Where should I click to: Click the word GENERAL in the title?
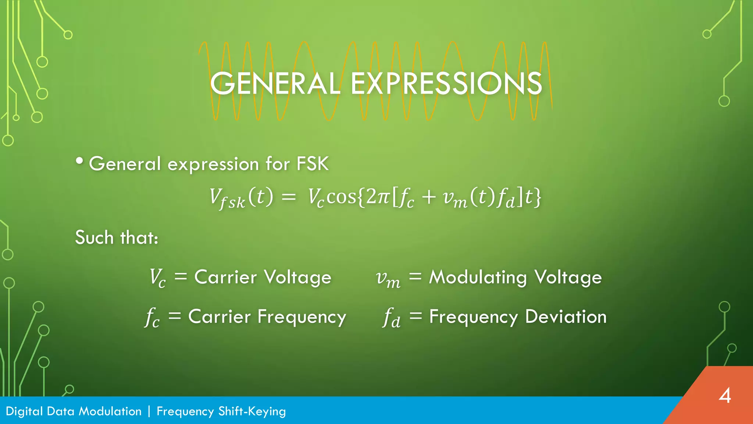pyautogui.click(x=275, y=84)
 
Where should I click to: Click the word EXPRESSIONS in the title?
pyautogui.click(x=446, y=84)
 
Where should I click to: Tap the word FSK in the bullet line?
pyautogui.click(x=313, y=164)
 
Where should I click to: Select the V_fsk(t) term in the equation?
pyautogui.click(x=241, y=198)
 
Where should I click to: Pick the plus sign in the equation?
pyautogui.click(x=429, y=197)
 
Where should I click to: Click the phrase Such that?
pyautogui.click(x=117, y=237)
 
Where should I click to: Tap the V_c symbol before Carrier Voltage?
pyautogui.click(x=157, y=278)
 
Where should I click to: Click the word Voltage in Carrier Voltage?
pyautogui.click(x=297, y=277)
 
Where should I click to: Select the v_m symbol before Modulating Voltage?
pyautogui.click(x=388, y=279)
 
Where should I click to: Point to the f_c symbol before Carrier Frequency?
pyautogui.click(x=152, y=317)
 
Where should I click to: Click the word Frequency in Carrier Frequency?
pyautogui.click(x=301, y=317)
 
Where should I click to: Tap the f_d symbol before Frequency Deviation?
pyautogui.click(x=392, y=317)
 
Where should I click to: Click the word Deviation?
pyautogui.click(x=565, y=317)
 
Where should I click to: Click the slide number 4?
pyautogui.click(x=725, y=396)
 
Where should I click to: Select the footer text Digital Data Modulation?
pyautogui.click(x=74, y=411)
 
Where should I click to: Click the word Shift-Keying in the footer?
pyautogui.click(x=252, y=411)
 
